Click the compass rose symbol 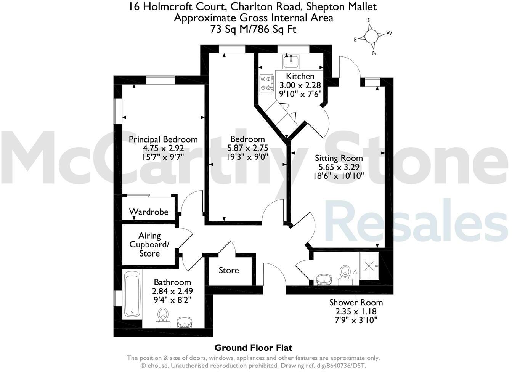371,36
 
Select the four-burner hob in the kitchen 267,83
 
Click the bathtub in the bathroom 132,294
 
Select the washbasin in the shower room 325,279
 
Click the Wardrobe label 148,212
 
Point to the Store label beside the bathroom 229,270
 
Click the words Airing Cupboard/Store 149,244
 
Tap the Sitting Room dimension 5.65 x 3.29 339,167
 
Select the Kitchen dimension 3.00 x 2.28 300,85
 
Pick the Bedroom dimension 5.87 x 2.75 247,148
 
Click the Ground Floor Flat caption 253,347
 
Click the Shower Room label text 356,302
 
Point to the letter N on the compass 374,53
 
